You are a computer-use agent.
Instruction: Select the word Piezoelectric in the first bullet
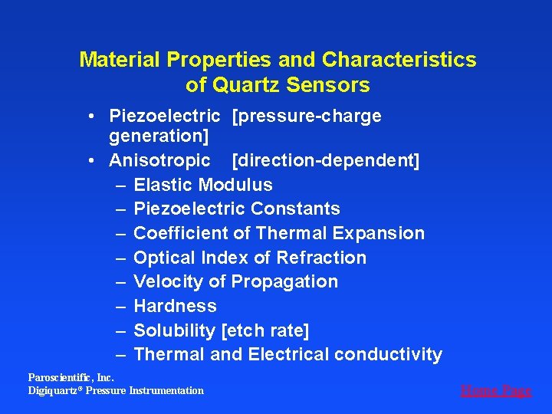click(164, 116)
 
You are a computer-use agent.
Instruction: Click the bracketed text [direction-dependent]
click(325, 160)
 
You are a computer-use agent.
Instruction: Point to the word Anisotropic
click(159, 160)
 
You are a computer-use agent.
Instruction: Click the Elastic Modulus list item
click(203, 185)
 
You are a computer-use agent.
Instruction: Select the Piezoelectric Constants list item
click(236, 209)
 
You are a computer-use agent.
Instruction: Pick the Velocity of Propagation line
click(235, 281)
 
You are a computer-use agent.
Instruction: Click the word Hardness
click(175, 306)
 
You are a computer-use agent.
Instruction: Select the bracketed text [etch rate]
click(264, 330)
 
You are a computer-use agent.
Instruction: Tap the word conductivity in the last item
click(388, 354)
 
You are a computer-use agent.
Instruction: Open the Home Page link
click(495, 390)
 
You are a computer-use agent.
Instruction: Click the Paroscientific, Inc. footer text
click(71, 377)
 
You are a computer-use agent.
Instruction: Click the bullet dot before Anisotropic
click(90, 161)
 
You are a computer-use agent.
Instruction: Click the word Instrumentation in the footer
click(167, 391)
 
